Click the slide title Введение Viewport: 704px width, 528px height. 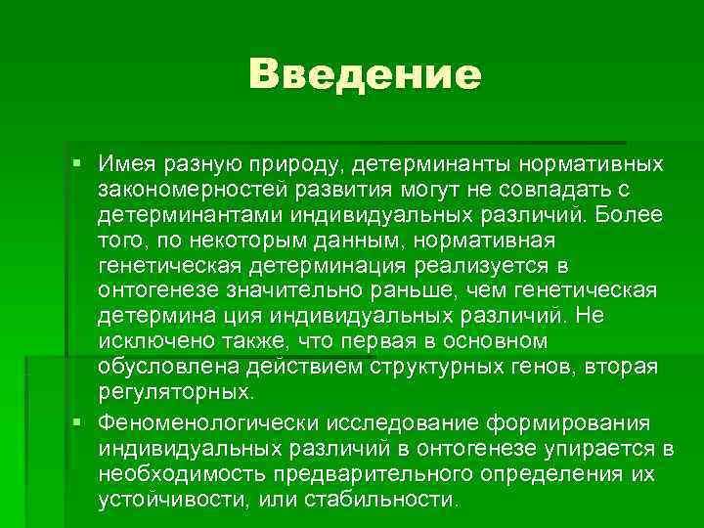pos(365,75)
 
